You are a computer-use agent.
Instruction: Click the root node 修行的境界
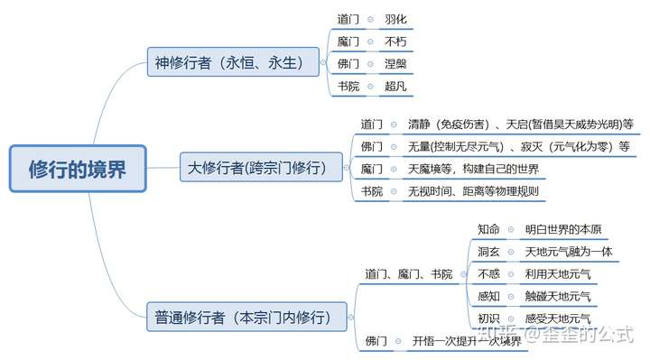(x=78, y=169)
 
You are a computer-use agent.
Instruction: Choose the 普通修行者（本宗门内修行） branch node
(x=249, y=317)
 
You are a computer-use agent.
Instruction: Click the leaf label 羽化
(x=395, y=18)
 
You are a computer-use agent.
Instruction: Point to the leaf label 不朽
(x=395, y=42)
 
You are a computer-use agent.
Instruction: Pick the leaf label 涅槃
(x=395, y=64)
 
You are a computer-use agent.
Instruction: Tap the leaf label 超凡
(x=395, y=87)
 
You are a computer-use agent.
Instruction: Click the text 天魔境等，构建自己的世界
(x=473, y=168)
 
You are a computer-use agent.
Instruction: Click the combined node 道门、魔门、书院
(x=409, y=273)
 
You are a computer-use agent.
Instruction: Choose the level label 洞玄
(x=488, y=251)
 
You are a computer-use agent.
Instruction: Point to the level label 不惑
(x=488, y=273)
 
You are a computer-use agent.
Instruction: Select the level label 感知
(x=488, y=296)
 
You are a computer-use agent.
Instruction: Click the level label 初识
(x=488, y=318)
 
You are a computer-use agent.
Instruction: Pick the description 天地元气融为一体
(x=569, y=251)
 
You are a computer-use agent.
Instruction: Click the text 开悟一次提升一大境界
(x=467, y=341)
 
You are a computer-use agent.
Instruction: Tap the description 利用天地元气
(x=558, y=273)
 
